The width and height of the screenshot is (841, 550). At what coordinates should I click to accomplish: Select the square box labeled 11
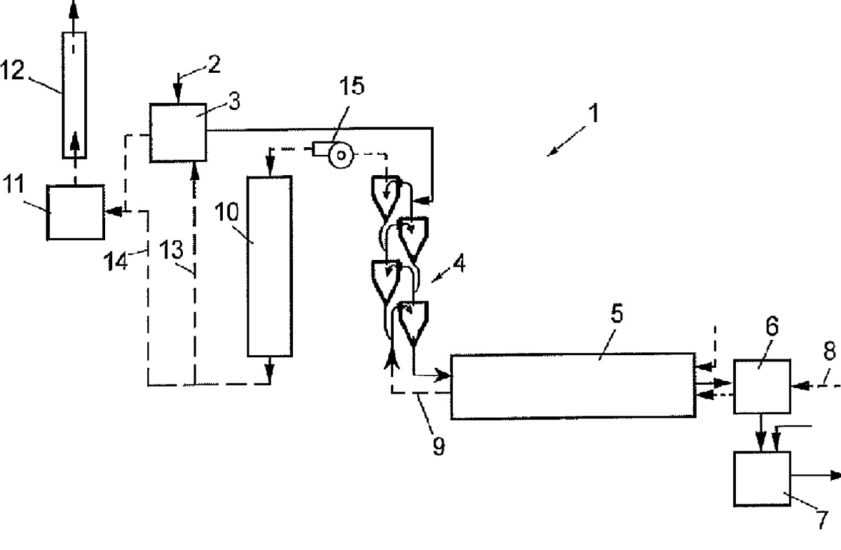point(75,212)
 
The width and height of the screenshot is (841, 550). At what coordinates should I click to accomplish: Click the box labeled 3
point(177,132)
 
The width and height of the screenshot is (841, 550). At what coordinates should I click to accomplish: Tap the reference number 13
point(172,249)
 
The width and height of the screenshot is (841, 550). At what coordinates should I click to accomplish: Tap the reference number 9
point(438,446)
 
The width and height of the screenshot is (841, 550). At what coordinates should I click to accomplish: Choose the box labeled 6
point(762,385)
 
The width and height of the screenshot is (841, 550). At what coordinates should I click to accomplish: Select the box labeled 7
point(762,478)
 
